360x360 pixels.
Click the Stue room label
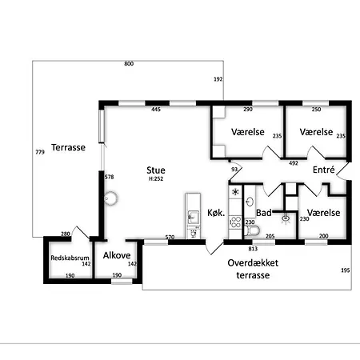tap(156, 170)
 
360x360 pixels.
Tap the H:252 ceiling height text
tap(156, 179)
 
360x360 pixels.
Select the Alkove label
tap(117, 255)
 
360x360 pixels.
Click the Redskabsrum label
tap(70, 258)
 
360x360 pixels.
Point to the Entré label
tap(324, 170)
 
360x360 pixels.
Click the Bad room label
tap(264, 213)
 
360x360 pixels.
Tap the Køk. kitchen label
tap(216, 213)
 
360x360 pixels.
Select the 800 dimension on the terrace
tap(129, 64)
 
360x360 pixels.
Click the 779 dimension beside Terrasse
tap(40, 152)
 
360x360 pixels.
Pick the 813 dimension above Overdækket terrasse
tap(253, 249)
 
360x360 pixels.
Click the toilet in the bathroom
tap(252, 230)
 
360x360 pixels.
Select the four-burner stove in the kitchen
tap(236, 222)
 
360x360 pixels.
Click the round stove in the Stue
tap(110, 198)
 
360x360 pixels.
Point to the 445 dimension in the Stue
tap(156, 110)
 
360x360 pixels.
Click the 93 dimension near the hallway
tap(234, 170)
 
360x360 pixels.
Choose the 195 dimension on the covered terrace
tap(346, 270)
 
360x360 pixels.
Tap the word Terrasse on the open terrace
tap(68, 147)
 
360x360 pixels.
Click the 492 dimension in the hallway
tap(294, 163)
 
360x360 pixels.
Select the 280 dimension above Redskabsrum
tap(66, 234)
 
